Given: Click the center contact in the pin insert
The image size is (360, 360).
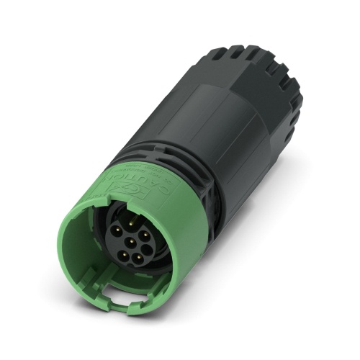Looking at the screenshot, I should click(132, 241).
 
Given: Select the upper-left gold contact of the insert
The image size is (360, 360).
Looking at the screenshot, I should click(117, 230).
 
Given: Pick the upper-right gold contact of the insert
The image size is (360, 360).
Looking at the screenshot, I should click(145, 235).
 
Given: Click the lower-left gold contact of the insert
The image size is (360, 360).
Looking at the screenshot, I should click(124, 255).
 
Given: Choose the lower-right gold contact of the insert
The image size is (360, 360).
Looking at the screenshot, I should click(138, 257).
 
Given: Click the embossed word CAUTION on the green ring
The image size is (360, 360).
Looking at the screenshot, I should click(148, 181).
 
